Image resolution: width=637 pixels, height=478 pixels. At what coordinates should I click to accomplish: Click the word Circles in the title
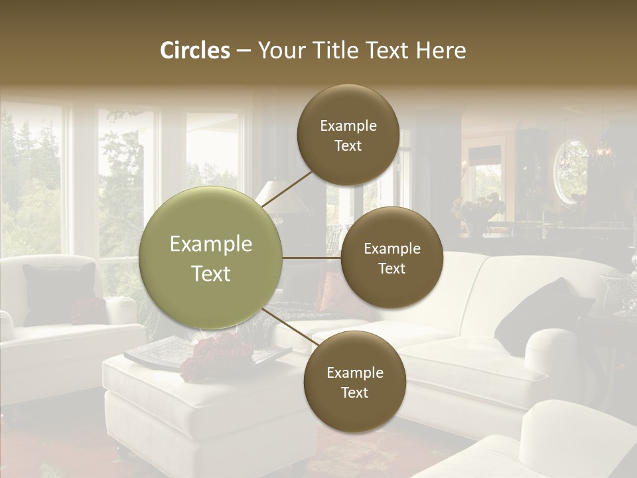pos(194,50)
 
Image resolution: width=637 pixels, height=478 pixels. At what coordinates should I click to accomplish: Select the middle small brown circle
pos(391,258)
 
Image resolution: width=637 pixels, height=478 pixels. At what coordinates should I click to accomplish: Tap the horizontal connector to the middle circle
pos(311,258)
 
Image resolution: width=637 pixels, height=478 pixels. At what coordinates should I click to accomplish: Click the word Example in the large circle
pos(211,244)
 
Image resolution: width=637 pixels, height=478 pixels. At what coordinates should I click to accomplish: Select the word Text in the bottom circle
pos(354,392)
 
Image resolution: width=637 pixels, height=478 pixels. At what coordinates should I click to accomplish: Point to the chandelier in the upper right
pos(602,153)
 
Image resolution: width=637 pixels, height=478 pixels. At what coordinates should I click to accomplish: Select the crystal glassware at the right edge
pos(622,292)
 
